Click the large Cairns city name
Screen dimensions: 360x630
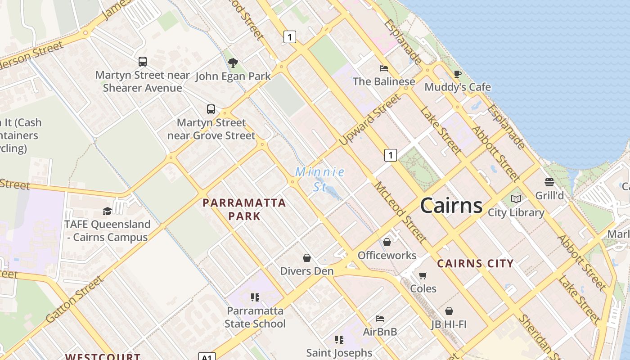(x=451, y=206)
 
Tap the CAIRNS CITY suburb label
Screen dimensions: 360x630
(x=475, y=264)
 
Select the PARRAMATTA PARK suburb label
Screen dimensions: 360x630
(x=244, y=209)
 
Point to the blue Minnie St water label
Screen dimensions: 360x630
(x=320, y=179)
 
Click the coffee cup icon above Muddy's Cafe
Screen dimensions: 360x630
(x=458, y=74)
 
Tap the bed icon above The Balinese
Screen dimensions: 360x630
(x=384, y=68)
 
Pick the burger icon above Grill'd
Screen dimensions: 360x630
(x=549, y=182)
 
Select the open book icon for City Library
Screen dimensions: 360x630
(x=516, y=199)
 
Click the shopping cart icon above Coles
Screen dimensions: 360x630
(x=423, y=275)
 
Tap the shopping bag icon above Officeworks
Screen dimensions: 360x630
(x=387, y=243)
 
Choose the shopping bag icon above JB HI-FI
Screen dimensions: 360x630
(x=449, y=311)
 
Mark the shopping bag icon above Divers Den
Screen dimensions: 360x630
(x=307, y=258)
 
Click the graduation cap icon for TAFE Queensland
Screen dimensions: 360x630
(x=107, y=211)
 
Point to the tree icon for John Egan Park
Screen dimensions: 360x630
(x=233, y=63)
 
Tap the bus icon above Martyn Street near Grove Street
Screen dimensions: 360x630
(x=211, y=109)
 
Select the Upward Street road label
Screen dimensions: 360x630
(x=369, y=120)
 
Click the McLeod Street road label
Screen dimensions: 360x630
(x=400, y=211)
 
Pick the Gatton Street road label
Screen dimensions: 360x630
(x=75, y=299)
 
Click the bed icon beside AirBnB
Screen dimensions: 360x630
(x=380, y=319)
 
